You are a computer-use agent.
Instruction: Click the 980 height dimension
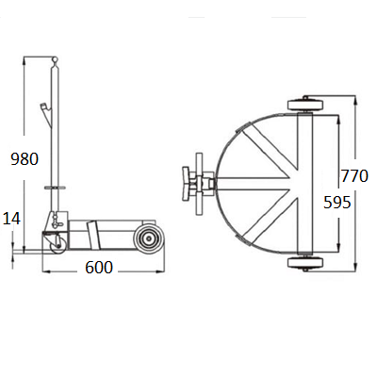25,159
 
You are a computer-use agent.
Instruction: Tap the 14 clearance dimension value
11,219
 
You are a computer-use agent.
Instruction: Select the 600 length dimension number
99,268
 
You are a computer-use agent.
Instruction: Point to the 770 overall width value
354,176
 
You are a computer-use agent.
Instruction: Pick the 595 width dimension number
337,203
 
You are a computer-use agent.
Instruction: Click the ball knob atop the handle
55,58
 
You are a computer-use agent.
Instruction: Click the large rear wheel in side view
148,238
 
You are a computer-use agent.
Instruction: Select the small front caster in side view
58,244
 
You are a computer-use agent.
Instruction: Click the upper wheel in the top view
305,106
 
